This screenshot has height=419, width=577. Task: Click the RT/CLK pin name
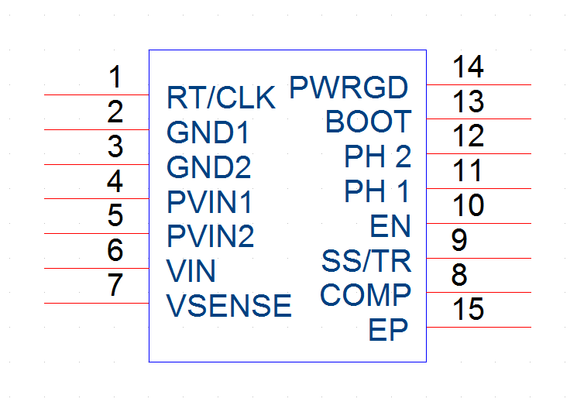(221, 98)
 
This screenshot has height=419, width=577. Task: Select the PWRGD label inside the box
(349, 88)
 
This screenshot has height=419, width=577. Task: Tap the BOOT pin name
(369, 122)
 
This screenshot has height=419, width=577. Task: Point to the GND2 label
(208, 167)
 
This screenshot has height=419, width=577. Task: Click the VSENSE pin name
(229, 305)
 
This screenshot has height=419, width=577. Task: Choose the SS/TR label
(366, 261)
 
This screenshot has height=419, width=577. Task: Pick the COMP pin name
(366, 294)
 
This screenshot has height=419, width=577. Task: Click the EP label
(388, 330)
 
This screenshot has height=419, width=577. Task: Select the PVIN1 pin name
(209, 201)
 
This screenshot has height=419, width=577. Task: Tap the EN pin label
(390, 226)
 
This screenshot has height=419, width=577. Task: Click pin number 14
(468, 67)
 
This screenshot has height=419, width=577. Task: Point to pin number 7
(115, 285)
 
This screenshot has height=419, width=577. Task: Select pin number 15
(468, 309)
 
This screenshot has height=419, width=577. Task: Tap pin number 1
(115, 77)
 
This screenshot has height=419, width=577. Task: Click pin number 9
(459, 240)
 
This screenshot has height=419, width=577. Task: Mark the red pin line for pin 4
(96, 198)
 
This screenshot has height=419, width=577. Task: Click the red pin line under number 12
(479, 153)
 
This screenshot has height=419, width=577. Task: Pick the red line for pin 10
(479, 223)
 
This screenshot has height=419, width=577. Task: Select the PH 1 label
(377, 191)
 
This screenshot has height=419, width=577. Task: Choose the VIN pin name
(191, 271)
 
